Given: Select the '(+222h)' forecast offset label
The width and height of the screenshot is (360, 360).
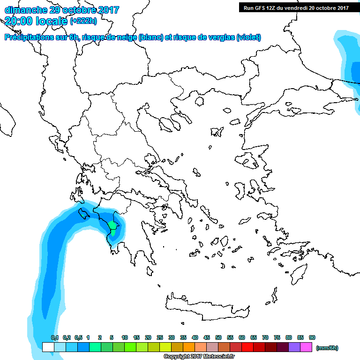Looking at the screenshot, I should pos(84,21).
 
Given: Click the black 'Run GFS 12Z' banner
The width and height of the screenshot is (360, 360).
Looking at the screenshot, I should pos(296,7).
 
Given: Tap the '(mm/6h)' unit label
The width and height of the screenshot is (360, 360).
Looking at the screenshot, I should pos(327,348).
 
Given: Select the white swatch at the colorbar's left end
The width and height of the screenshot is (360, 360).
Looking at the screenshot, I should pos(48,347).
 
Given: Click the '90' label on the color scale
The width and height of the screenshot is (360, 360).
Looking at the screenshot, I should pos(312,337).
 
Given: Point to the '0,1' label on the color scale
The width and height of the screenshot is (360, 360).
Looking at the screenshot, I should pos(55,337).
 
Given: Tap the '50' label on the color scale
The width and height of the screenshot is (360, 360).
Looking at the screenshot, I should pos(218,337).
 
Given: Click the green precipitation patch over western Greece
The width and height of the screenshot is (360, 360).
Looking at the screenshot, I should pos(113,228).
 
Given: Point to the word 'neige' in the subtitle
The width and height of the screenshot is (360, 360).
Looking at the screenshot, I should pos(127,37).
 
